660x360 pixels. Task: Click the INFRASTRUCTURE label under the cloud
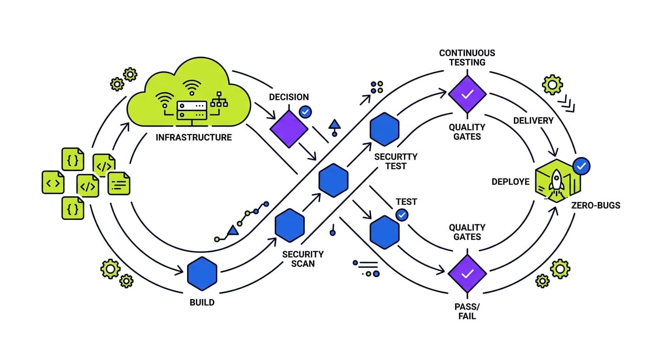[x=194, y=137]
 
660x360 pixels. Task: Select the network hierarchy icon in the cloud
[x=217, y=100]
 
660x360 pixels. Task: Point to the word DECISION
[x=289, y=97]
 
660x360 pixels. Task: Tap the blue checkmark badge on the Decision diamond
[x=305, y=112]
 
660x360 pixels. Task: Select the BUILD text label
[x=202, y=302]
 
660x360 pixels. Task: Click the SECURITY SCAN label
[x=303, y=259]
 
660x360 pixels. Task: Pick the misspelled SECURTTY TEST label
[x=396, y=161]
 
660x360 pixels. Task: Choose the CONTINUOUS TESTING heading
[x=467, y=58]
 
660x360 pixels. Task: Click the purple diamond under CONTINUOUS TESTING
[x=467, y=94]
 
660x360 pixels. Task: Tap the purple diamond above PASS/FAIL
[x=467, y=274]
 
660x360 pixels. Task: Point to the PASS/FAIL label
[x=467, y=311]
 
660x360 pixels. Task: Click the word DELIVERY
[x=533, y=120]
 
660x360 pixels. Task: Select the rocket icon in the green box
[x=556, y=180]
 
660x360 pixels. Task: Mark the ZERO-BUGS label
[x=595, y=205]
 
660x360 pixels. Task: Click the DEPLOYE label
[x=510, y=181]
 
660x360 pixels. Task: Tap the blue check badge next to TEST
[x=402, y=215]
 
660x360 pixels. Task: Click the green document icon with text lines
[x=119, y=183]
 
